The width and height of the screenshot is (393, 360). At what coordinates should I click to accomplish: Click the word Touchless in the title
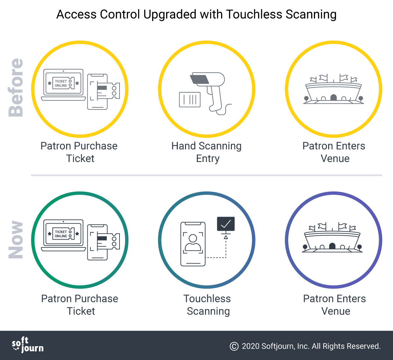coord(254,14)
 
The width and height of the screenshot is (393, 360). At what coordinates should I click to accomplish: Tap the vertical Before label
coord(16,87)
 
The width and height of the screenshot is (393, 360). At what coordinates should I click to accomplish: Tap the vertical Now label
coord(16,240)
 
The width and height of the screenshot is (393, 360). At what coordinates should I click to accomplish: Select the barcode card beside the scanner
coord(190,99)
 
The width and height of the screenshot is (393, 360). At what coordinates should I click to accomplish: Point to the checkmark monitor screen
coord(226,224)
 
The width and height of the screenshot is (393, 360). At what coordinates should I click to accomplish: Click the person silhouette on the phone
coord(193,243)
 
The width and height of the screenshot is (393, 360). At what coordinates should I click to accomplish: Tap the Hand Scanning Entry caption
coord(207,152)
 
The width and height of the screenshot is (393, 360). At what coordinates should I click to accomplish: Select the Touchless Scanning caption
coord(207,305)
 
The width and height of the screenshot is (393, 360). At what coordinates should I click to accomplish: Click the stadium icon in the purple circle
coord(332,237)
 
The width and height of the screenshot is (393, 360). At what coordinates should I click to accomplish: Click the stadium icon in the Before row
coord(333,89)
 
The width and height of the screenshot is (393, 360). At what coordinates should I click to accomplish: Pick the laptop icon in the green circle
coord(64,235)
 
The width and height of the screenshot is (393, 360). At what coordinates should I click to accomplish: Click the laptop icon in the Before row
coord(64,85)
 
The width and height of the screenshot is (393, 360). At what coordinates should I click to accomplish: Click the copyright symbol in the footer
coord(234,346)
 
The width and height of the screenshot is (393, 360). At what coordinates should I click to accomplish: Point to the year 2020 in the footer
coord(251,346)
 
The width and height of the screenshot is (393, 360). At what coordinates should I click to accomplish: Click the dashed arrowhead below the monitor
coord(226,237)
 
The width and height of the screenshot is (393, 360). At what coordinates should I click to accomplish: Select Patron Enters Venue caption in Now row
coord(335,305)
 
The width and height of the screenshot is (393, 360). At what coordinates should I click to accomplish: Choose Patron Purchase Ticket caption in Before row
coord(79,152)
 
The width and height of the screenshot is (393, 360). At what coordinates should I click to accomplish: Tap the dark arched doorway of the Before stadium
coord(333,97)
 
